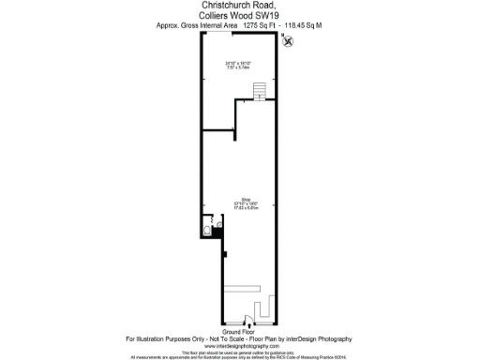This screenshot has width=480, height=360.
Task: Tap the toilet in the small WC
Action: click(x=207, y=230)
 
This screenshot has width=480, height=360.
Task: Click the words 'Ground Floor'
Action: click(x=240, y=331)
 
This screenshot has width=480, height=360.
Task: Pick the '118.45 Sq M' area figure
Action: click(x=304, y=27)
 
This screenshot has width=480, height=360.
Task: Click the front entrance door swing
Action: click(x=246, y=317)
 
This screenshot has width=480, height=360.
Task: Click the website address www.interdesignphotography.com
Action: click(x=240, y=345)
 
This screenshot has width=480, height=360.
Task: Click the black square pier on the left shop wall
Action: click(x=225, y=252)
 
